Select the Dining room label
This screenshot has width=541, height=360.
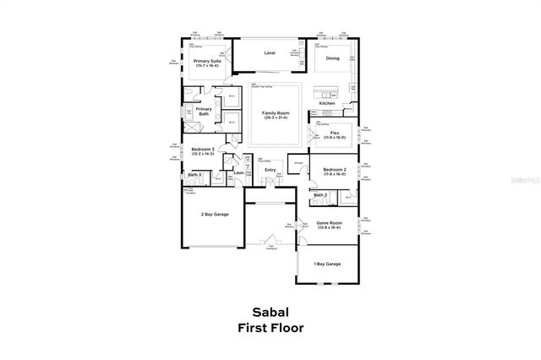click(x=333, y=58)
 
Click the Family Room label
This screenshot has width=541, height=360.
click(x=274, y=112)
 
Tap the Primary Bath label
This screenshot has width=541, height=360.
click(x=204, y=111)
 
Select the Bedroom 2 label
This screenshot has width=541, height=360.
click(x=335, y=170)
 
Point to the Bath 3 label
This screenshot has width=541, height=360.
click(x=194, y=175)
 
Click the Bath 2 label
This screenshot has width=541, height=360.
click(x=320, y=195)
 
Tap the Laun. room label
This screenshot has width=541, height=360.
click(x=238, y=173)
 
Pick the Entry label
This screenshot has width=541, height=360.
click(x=270, y=170)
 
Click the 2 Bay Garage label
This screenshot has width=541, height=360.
click(x=214, y=215)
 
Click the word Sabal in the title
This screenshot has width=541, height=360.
click(x=270, y=312)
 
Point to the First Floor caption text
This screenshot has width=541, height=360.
click(x=270, y=327)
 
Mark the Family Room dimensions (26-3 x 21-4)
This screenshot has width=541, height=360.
click(x=274, y=117)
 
